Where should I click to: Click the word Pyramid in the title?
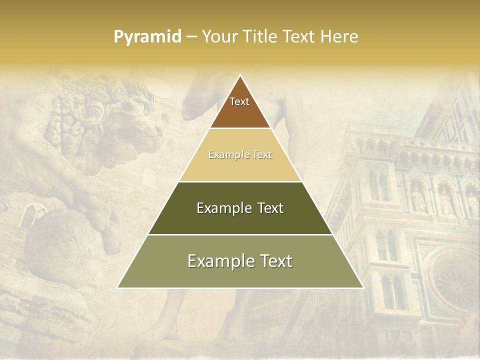[x=147, y=37]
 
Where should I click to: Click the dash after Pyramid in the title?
[x=191, y=37]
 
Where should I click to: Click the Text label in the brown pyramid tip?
[x=239, y=101]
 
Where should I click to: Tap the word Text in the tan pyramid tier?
[x=262, y=155]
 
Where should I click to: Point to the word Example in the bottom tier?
[x=218, y=261]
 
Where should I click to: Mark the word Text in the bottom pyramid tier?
[x=276, y=261]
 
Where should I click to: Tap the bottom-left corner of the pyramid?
[x=118, y=287]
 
